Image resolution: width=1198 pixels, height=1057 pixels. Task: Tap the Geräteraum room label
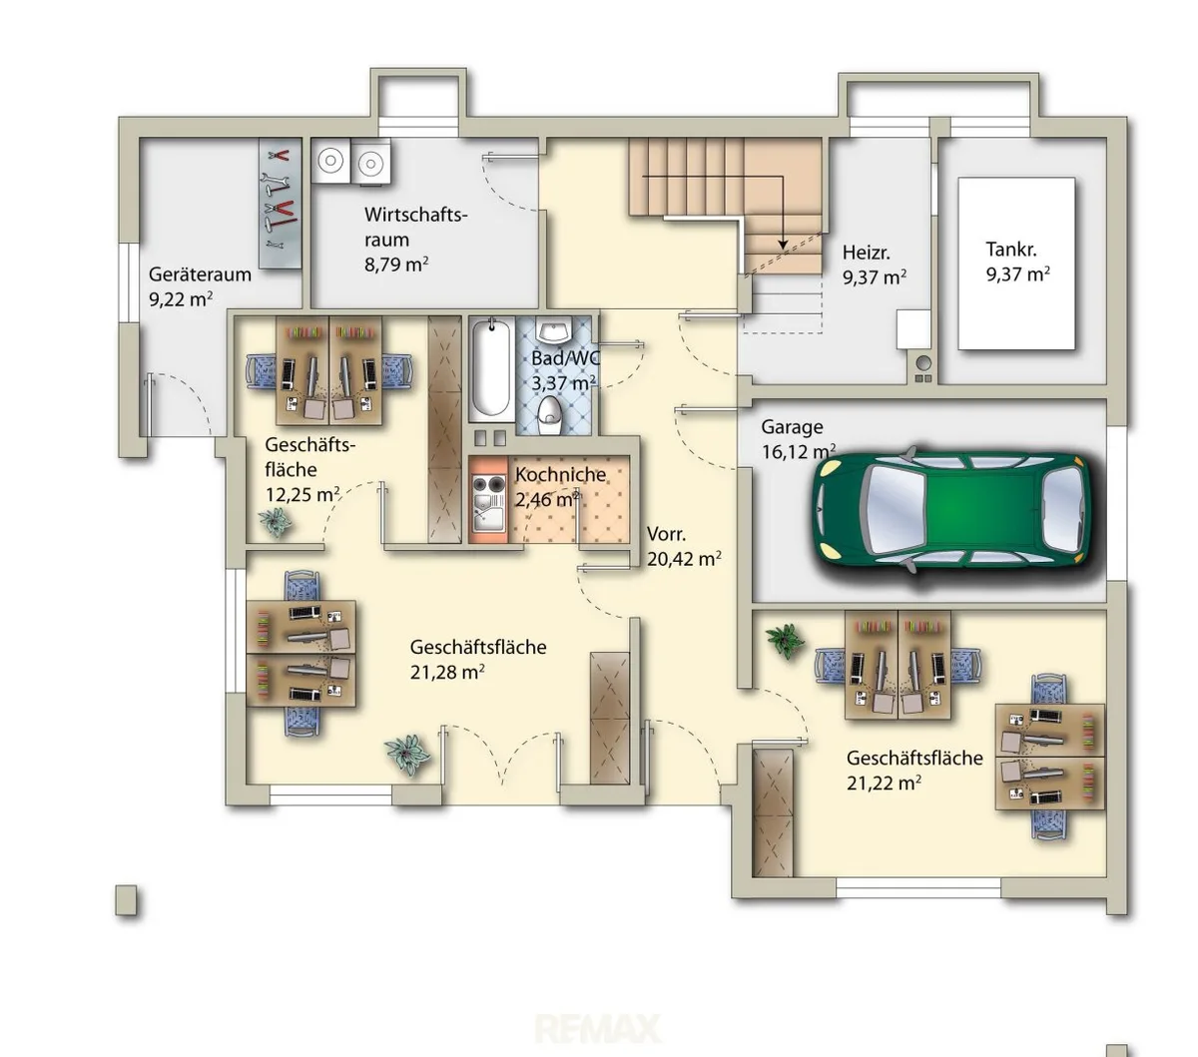click(x=200, y=274)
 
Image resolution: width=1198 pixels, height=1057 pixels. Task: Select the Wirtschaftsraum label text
click(x=415, y=227)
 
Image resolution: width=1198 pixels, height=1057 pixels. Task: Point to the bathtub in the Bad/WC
click(x=491, y=368)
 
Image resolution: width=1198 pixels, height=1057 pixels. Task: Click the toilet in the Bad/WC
click(x=550, y=414)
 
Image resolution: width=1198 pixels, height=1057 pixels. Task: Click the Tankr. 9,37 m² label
click(x=1017, y=262)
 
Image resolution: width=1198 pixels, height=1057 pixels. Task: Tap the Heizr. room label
click(x=866, y=253)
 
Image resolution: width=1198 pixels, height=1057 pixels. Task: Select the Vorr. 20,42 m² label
click(x=684, y=546)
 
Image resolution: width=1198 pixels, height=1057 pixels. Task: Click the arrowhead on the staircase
click(x=783, y=245)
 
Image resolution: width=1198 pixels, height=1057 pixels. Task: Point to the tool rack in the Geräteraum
click(x=280, y=204)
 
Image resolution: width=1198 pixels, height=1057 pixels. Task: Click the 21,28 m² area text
click(x=447, y=672)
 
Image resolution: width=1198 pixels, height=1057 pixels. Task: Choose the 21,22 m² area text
click(x=884, y=783)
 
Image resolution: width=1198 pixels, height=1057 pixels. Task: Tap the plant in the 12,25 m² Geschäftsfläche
click(x=275, y=522)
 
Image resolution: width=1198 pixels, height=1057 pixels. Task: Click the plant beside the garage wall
click(x=784, y=641)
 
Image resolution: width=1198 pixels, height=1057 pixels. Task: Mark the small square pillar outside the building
click(x=126, y=900)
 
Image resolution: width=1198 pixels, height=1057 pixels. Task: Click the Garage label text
click(x=792, y=427)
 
